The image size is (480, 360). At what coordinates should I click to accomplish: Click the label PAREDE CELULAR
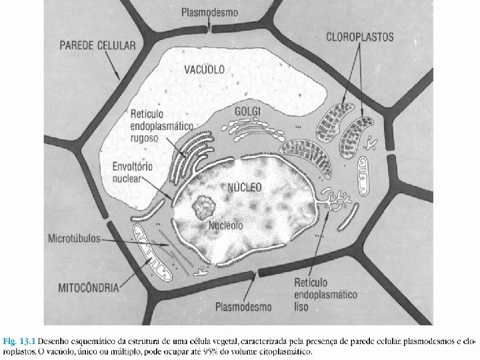pyautogui.click(x=97, y=46)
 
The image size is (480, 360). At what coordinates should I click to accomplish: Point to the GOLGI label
pyautogui.click(x=249, y=110)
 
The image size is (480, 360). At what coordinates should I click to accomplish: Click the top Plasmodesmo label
pyautogui.click(x=210, y=12)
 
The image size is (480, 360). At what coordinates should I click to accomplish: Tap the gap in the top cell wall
pyautogui.click(x=209, y=29)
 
